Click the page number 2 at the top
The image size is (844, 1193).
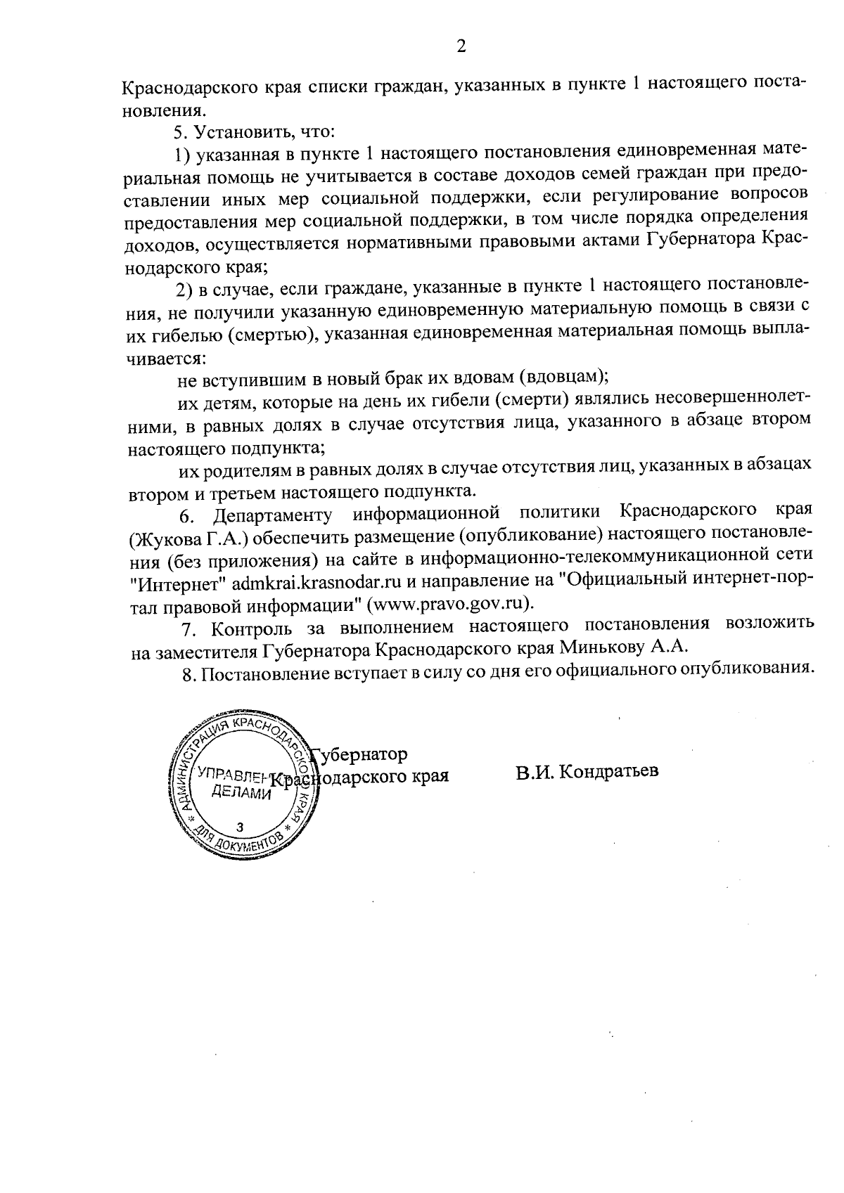461,47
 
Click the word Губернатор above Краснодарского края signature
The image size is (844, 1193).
360,754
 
